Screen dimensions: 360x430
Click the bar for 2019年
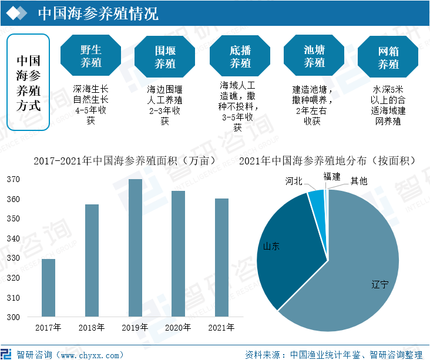pos(135,248)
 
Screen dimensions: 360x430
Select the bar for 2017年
pos(49,288)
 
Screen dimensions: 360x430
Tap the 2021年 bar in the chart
pos(221,258)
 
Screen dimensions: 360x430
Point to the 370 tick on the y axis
pos(13,180)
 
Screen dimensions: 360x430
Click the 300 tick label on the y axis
pos(13,317)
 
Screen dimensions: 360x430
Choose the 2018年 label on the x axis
pos(92,328)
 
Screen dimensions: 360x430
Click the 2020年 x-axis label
pos(178,328)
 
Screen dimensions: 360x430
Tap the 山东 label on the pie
pos(271,246)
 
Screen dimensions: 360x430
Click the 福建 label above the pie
pos(332,176)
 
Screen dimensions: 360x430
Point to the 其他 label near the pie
pos(359,181)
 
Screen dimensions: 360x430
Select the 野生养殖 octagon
pos(91,56)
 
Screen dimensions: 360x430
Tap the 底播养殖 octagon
pos(240,56)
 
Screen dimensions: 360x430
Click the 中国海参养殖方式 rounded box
pos(28,83)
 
